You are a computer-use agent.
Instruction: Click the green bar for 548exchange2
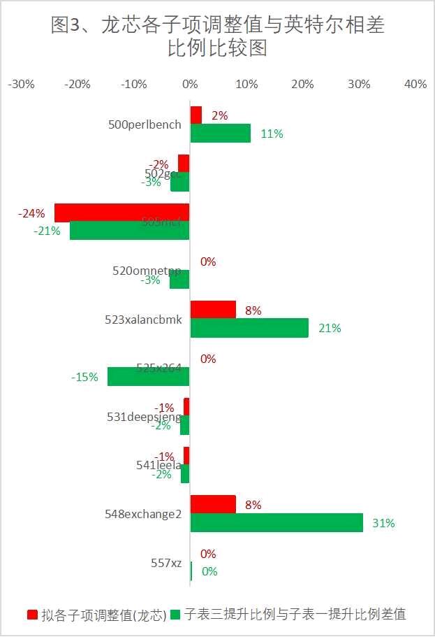(x=277, y=522)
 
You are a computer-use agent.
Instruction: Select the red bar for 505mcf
(x=122, y=213)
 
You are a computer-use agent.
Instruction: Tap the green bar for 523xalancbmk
(x=249, y=328)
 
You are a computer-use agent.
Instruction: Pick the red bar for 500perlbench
(x=196, y=115)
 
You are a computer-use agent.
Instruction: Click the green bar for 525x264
(x=149, y=376)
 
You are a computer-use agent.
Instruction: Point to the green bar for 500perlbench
(x=221, y=133)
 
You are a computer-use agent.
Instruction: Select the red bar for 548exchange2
(x=213, y=504)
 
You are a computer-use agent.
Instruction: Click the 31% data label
(x=384, y=523)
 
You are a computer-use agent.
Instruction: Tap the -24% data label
(x=31, y=213)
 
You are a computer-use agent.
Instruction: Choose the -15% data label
(x=84, y=377)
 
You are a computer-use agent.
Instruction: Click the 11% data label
(x=272, y=134)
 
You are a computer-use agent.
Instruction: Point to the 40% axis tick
(x=415, y=85)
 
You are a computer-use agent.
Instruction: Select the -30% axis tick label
(x=21, y=85)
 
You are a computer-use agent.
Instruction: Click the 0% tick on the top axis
(x=190, y=85)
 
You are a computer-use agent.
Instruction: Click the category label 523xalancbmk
(x=143, y=320)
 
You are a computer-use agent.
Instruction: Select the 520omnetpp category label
(x=147, y=271)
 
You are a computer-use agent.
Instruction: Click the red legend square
(x=32, y=615)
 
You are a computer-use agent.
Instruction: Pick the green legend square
(x=175, y=615)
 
